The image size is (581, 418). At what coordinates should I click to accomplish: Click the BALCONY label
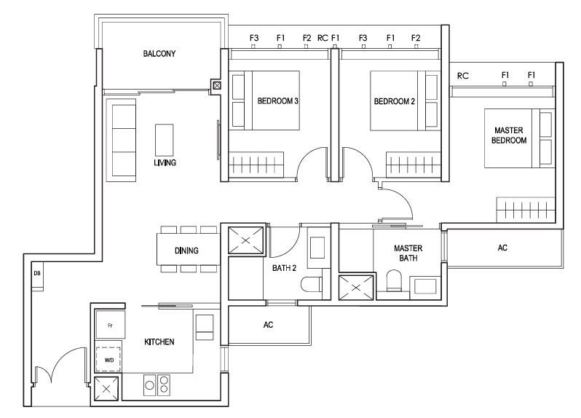click(159, 54)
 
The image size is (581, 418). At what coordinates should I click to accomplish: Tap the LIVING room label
click(165, 162)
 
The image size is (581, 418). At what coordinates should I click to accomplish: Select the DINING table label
click(186, 251)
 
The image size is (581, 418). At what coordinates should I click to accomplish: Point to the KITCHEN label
click(159, 342)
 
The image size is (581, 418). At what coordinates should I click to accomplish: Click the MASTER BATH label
click(408, 253)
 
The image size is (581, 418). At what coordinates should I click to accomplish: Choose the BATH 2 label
click(284, 268)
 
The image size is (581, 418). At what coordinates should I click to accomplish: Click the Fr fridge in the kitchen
click(110, 325)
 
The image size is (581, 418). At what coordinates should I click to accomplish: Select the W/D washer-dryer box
click(108, 359)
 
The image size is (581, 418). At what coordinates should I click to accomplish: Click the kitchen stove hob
click(157, 385)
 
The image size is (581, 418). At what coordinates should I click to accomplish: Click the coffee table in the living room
click(164, 140)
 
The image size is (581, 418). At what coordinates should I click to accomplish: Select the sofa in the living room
click(121, 140)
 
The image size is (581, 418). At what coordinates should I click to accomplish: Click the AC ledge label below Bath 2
click(268, 325)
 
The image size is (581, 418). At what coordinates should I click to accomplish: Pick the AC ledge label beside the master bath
click(502, 248)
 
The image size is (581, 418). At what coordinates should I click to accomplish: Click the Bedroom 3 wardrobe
click(256, 165)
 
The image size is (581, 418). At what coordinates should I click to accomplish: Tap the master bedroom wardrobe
click(526, 210)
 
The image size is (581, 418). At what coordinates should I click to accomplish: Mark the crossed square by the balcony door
click(217, 86)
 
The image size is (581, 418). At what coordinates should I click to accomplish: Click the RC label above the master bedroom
click(463, 76)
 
